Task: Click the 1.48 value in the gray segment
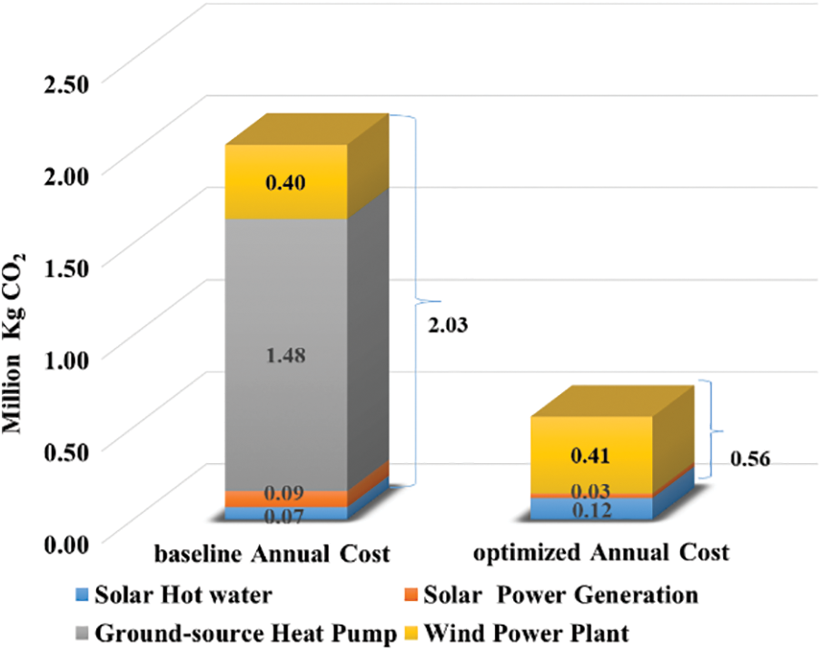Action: [x=285, y=356]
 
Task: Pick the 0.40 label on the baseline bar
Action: [x=285, y=183]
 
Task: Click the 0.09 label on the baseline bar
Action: [x=285, y=495]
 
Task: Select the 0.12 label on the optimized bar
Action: [x=591, y=510]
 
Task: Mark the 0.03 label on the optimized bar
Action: [x=591, y=491]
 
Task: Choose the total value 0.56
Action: [x=750, y=459]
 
